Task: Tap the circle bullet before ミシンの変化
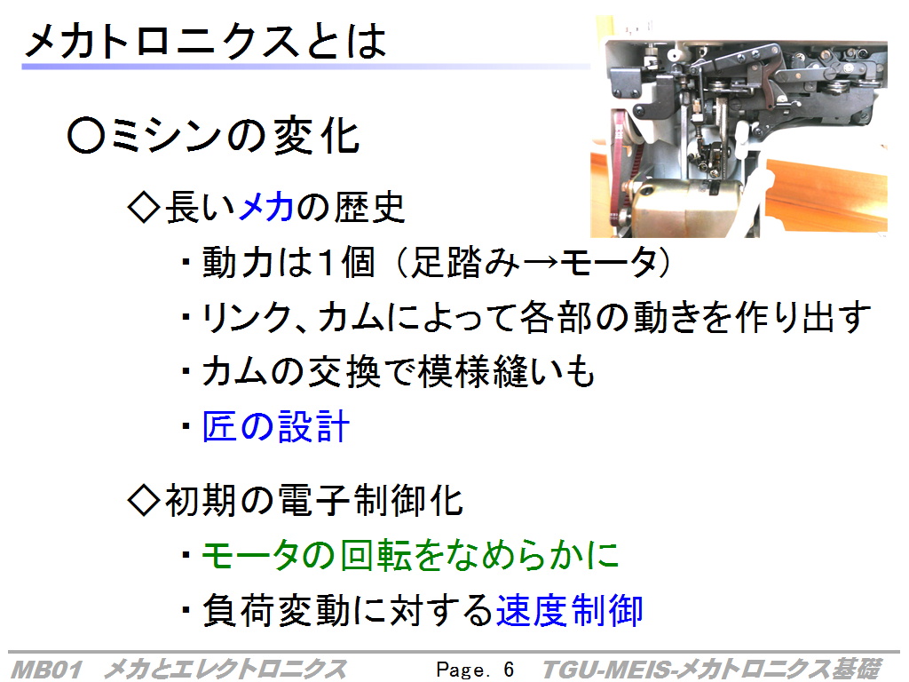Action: click(x=86, y=136)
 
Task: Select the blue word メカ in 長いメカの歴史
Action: click(x=266, y=207)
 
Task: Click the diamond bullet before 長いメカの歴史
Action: click(x=143, y=207)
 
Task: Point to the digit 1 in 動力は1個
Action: click(x=327, y=262)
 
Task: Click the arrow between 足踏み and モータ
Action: click(x=541, y=263)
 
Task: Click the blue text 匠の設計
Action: click(x=276, y=427)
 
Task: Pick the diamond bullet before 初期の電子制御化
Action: click(x=143, y=500)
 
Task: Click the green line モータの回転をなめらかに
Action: click(x=410, y=555)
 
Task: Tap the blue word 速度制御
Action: click(x=569, y=610)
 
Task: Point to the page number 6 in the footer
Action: click(x=509, y=670)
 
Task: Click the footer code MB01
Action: click(x=46, y=670)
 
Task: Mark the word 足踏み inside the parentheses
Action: click(x=464, y=262)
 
